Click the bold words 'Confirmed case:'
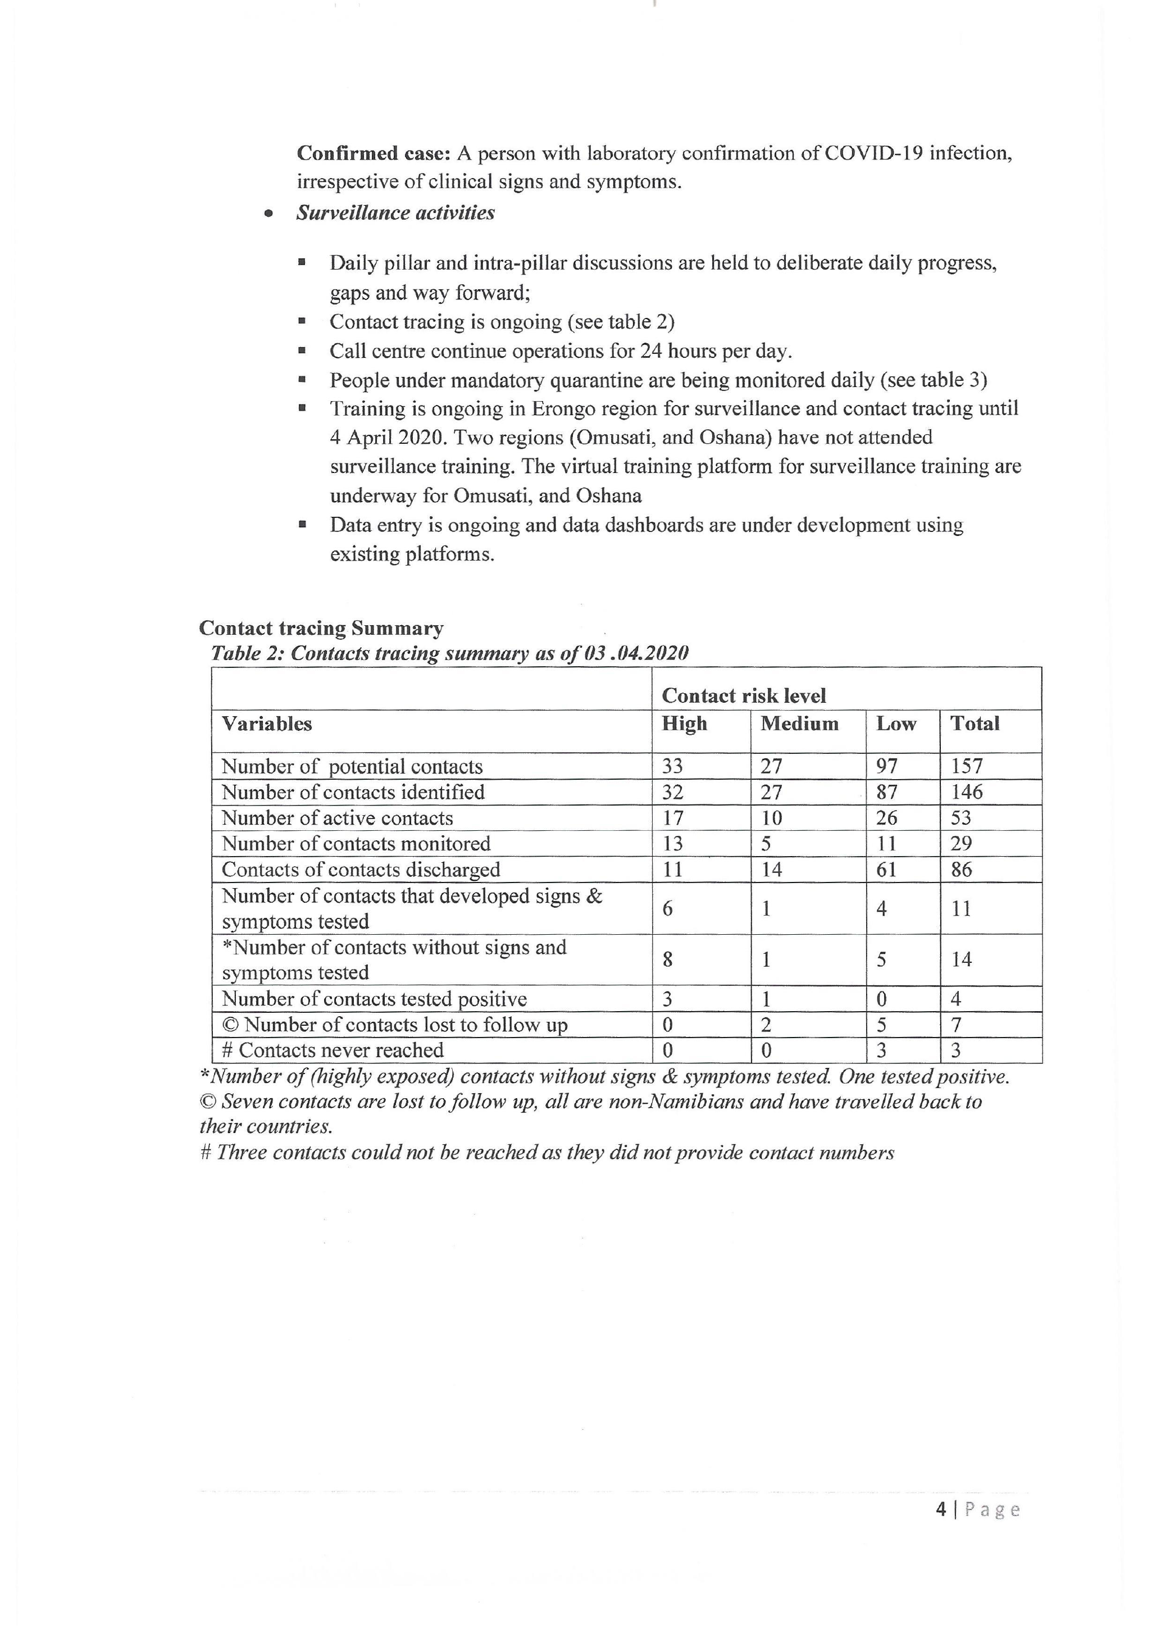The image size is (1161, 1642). pyautogui.click(x=373, y=153)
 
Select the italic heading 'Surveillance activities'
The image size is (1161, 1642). pyautogui.click(x=395, y=213)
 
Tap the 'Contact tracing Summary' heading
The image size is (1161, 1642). pyautogui.click(x=321, y=628)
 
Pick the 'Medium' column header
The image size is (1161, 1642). pyautogui.click(x=799, y=724)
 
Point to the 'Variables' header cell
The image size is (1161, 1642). pyautogui.click(x=267, y=724)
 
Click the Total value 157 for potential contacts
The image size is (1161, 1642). pyautogui.click(x=967, y=766)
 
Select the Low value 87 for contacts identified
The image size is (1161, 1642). pyautogui.click(x=886, y=792)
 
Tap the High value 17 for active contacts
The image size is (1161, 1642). pyautogui.click(x=673, y=817)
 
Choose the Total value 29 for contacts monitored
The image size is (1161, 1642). pyautogui.click(x=961, y=843)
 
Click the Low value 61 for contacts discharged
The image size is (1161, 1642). pyautogui.click(x=886, y=870)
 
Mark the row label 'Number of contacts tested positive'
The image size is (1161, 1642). pyautogui.click(x=374, y=998)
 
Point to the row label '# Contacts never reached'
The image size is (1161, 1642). pyautogui.click(x=333, y=1050)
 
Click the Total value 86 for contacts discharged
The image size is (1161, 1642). pyautogui.click(x=961, y=870)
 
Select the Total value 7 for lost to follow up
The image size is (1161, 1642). pyautogui.click(x=956, y=1024)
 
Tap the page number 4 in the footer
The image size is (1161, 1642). pyautogui.click(x=941, y=1509)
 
